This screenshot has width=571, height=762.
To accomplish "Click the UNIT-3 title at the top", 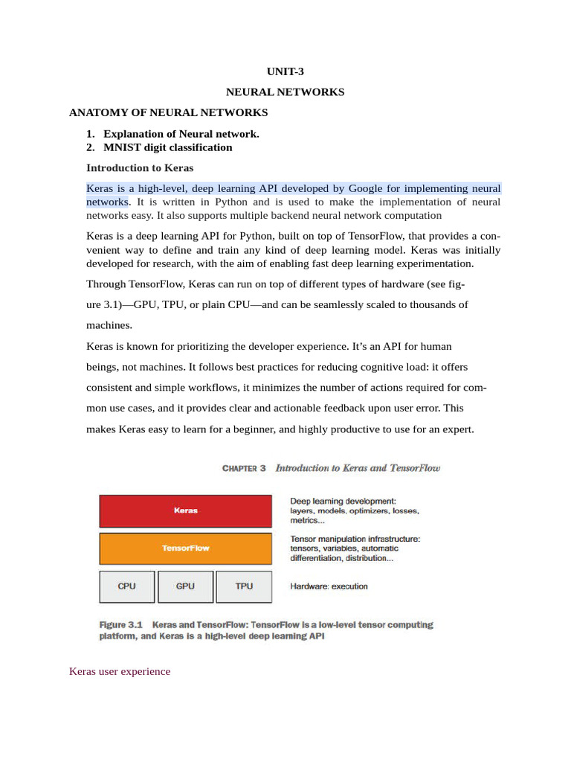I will pos(285,72).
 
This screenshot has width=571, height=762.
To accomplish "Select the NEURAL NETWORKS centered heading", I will pos(285,92).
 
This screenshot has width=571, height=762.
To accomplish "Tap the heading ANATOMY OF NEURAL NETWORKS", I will pos(168,113).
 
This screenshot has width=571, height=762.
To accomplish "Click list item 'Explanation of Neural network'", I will pos(181,134).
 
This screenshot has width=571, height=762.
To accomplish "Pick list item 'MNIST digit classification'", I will pos(168,147).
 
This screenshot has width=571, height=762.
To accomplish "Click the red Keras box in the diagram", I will pos(185,511).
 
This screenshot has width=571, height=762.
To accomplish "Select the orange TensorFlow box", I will pos(185,548).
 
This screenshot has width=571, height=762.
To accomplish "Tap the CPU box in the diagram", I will pos(127,586).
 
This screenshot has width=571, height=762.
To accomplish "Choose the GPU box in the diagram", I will pos(185,586).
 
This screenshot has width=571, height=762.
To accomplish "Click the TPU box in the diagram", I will pos(244,586).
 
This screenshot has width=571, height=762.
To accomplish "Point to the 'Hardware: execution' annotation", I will pos(329,586).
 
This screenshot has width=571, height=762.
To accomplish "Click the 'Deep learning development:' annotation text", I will pos(343,501).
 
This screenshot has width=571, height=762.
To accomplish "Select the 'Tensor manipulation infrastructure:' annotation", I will pos(355,538).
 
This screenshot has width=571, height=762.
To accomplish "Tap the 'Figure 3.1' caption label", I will pos(120,625).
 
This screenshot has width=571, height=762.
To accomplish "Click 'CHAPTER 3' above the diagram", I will pos(244,469).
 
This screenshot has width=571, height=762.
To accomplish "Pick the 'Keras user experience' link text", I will pos(120,671).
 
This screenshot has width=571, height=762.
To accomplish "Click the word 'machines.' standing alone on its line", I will pos(109,325).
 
